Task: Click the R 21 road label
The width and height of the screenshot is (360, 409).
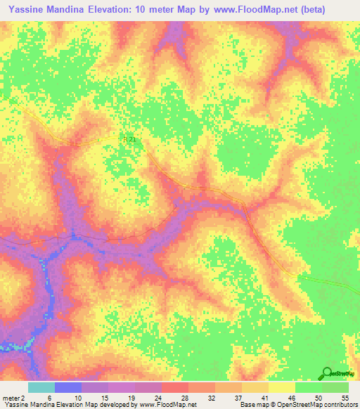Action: tap(129, 139)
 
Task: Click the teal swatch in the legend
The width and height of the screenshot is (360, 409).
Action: tap(41, 387)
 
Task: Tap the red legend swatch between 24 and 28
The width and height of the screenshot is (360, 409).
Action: tap(175, 387)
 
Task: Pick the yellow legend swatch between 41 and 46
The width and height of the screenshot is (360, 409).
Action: tap(282, 387)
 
